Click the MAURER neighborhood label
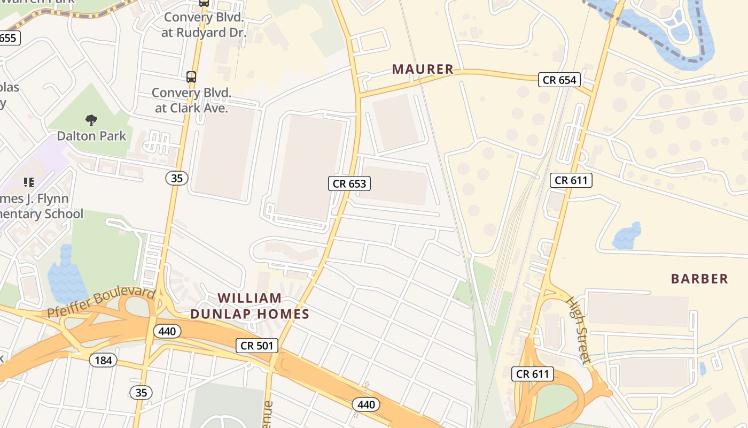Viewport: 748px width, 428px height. click(423, 69)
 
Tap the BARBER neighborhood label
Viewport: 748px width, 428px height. click(699, 279)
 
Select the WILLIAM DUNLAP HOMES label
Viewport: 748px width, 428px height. click(250, 306)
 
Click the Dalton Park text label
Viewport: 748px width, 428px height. click(91, 136)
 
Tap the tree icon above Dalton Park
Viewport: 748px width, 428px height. click(91, 120)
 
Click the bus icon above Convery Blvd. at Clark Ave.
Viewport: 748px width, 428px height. click(191, 77)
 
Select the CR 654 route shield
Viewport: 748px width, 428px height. click(559, 80)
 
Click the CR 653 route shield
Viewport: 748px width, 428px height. click(349, 184)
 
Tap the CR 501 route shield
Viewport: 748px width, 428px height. click(257, 346)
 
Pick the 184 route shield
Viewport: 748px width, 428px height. click(103, 360)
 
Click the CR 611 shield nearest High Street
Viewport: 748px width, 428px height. click(532, 374)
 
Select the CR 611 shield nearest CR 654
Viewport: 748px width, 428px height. click(571, 180)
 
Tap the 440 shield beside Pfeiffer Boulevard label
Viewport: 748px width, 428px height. click(167, 332)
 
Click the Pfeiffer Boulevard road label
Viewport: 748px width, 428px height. click(102, 303)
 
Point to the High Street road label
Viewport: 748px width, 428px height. click(579, 330)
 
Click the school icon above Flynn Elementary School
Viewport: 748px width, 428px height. click(29, 182)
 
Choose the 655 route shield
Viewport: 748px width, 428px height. click(9, 38)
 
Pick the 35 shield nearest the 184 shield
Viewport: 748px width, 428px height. click(141, 393)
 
